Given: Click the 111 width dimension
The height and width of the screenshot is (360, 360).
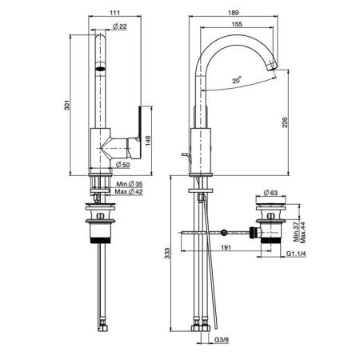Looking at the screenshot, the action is click(x=114, y=12).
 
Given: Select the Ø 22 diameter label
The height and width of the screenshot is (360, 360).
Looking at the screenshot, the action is click(x=120, y=26).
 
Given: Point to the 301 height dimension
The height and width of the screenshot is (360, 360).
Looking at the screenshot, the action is click(x=66, y=105).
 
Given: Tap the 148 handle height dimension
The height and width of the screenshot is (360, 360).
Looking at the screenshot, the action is click(x=148, y=141).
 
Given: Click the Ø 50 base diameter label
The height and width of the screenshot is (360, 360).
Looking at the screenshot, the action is click(x=122, y=165).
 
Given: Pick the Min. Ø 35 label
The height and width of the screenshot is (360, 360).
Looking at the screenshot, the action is click(x=130, y=184).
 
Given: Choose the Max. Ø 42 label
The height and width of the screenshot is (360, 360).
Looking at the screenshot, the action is click(x=129, y=191).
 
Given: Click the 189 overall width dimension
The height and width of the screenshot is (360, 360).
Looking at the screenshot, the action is click(x=234, y=13).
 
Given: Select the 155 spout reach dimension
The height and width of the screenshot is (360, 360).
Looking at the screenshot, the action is click(x=237, y=24).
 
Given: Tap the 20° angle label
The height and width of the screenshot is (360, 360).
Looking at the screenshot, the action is click(x=237, y=80).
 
